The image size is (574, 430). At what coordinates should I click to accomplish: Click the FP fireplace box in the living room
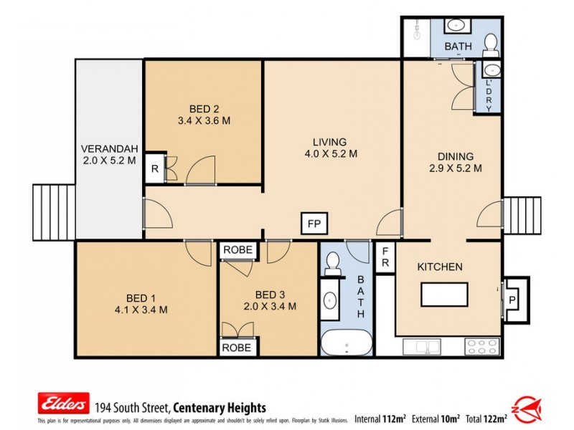314,224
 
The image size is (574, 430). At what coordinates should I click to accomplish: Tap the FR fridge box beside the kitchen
385,257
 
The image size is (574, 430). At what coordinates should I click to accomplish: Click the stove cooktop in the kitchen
481,346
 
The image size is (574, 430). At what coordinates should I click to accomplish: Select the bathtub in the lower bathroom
346,343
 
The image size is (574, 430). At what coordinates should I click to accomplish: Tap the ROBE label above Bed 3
237,250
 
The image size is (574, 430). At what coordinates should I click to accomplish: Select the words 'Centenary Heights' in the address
223,407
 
